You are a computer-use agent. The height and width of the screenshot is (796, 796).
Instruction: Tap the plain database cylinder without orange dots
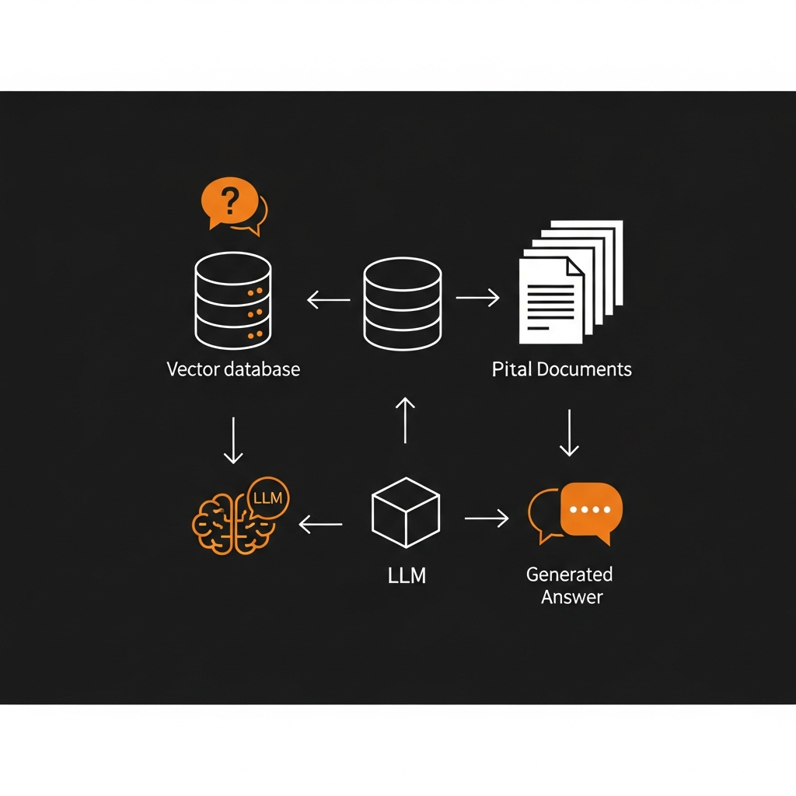[x=402, y=305]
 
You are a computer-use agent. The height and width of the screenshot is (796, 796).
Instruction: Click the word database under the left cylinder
[x=261, y=368]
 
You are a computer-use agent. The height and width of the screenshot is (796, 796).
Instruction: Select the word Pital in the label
[x=510, y=368]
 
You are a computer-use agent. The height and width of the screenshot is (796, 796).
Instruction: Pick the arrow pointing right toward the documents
[x=477, y=298]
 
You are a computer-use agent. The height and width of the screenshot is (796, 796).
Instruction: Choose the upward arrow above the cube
[x=405, y=419]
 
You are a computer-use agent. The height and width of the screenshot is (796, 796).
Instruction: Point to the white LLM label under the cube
[x=407, y=576]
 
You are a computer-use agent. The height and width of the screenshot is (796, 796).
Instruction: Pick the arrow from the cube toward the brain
[x=320, y=525]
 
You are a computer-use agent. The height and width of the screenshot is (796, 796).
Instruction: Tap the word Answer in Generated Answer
[x=571, y=597]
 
